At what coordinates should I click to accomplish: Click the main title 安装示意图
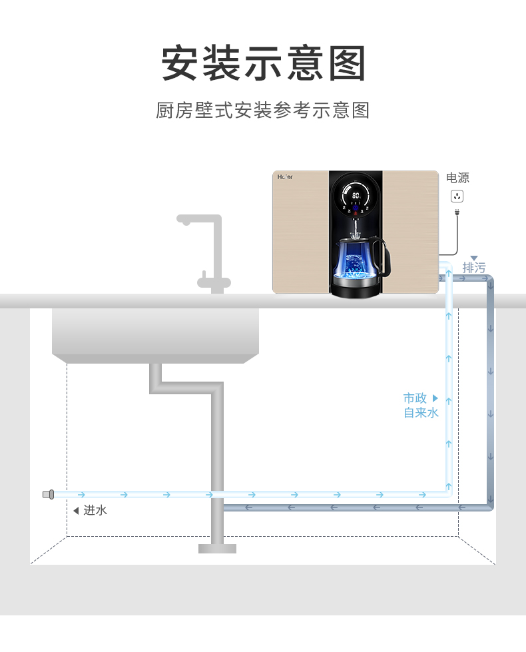coord(263,63)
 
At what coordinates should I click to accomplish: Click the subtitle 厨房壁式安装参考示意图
coord(263,110)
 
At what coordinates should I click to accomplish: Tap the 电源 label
coord(457,178)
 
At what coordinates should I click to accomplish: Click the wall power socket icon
coord(457,196)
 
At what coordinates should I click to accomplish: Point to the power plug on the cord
coord(457,212)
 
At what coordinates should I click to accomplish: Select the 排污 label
coord(473,268)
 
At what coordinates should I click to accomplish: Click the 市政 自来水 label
coord(421,406)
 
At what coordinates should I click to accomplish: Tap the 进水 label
coord(95,510)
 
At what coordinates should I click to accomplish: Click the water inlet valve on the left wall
coord(48,494)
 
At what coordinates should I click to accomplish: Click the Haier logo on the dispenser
coord(285,176)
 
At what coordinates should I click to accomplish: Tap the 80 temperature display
coord(356,195)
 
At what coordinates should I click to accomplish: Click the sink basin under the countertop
coord(156,336)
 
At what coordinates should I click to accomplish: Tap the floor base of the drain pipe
coord(217,549)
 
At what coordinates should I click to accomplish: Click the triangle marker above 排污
coord(474,258)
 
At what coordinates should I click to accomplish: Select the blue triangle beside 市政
coord(435,398)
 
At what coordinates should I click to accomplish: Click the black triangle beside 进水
coord(76,511)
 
